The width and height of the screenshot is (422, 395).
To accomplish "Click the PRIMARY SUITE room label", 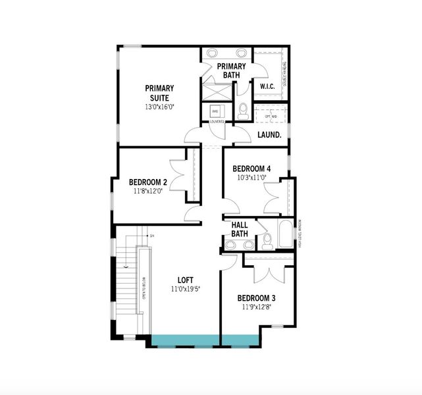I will click(159, 93).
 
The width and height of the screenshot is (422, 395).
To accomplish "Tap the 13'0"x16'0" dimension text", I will click(159, 107).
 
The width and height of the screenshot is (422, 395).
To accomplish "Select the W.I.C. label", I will click(267, 86).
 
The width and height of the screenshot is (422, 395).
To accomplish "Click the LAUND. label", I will click(269, 135).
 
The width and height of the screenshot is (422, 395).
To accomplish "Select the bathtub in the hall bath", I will click(285, 234).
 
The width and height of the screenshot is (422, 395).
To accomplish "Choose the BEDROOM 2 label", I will click(147, 182).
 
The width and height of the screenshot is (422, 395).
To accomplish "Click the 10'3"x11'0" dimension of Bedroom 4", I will click(251, 177).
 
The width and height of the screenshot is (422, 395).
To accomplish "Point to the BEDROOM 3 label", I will click(257, 297).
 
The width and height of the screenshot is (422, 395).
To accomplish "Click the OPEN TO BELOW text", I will click(143, 290).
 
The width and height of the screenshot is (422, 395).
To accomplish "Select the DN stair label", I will click(151, 236).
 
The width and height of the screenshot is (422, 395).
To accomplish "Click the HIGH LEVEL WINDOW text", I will click(299, 234).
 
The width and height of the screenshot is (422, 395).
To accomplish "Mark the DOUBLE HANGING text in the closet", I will click(285, 74).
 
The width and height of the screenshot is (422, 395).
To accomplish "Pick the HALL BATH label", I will click(240, 229).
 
